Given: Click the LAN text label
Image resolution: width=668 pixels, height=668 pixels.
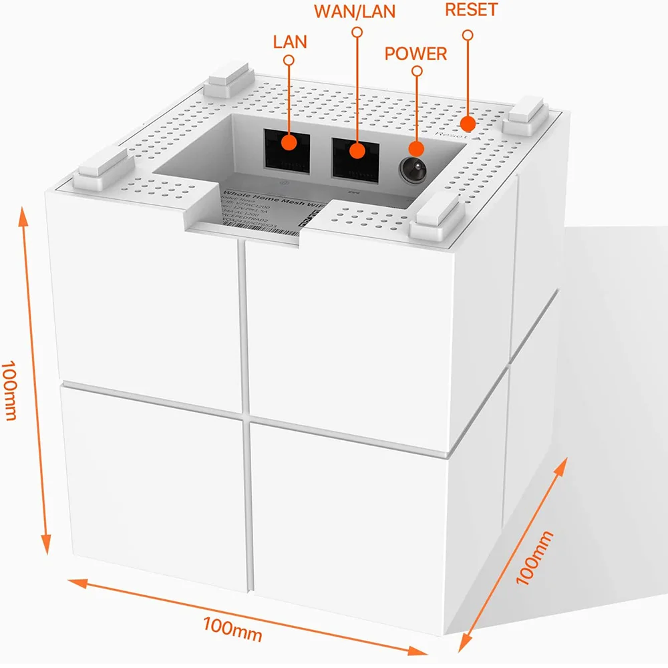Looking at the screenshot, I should [290, 41].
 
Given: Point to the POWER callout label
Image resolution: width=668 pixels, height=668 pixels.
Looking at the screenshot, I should [416, 53].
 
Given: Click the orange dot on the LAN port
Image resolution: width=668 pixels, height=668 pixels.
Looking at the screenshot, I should [289, 142].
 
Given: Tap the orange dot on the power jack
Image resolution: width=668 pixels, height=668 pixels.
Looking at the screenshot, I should [417, 150].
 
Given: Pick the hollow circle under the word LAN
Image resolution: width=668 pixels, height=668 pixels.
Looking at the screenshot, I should [289, 60].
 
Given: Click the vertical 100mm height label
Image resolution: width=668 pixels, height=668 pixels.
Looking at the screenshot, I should [9, 390].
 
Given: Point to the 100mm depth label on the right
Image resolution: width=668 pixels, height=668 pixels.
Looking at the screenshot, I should [535, 558].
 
